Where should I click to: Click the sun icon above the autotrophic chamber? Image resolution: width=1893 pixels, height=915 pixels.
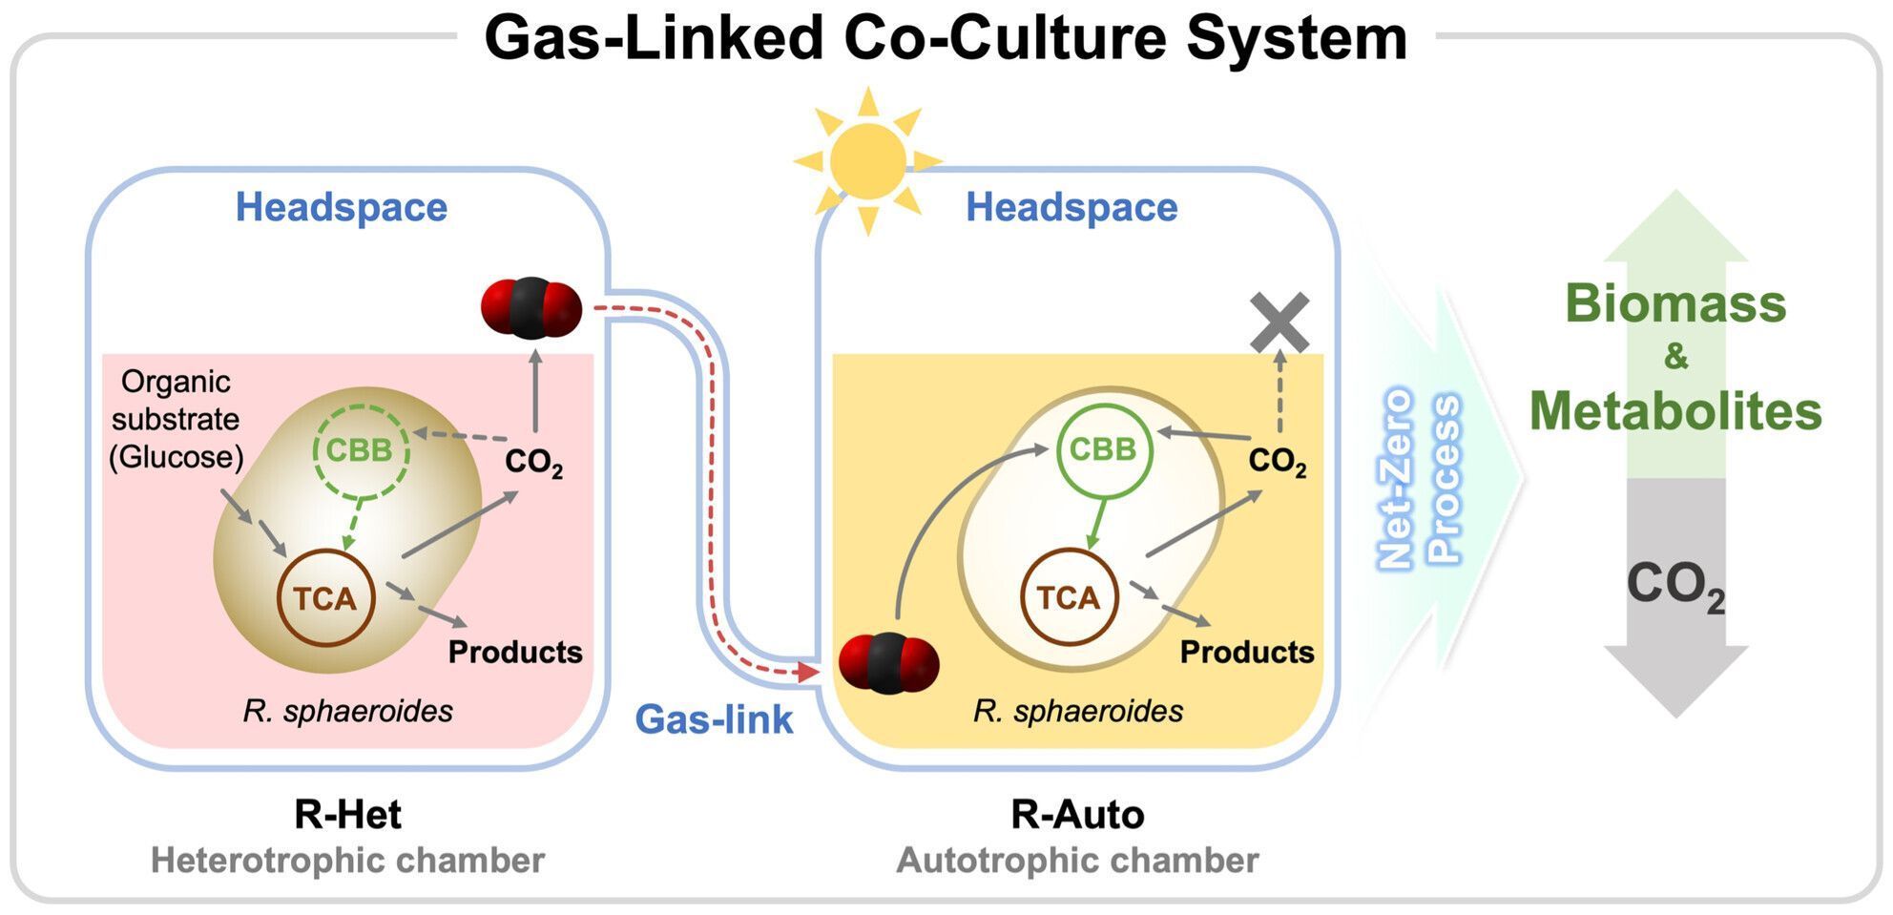[867, 160]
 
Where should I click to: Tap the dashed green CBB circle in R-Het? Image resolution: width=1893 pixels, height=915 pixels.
[361, 450]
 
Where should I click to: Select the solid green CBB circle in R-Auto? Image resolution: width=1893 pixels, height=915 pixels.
[1104, 449]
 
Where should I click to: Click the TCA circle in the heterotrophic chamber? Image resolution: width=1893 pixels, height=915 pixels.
[325, 598]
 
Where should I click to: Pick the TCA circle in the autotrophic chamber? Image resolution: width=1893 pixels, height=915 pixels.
[1069, 598]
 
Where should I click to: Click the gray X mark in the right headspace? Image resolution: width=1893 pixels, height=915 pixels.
[1279, 322]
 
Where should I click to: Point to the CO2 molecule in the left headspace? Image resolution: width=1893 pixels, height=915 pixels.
[531, 308]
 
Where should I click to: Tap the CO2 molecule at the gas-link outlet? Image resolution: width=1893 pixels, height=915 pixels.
[888, 663]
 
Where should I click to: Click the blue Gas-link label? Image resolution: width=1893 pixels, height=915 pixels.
[714, 719]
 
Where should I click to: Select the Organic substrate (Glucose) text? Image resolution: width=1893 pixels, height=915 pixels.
[177, 420]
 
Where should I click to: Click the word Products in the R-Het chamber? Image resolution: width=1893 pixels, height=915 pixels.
[515, 652]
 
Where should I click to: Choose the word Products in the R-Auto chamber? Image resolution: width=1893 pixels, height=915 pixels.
[1247, 652]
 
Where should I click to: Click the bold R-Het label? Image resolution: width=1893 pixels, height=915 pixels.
[347, 814]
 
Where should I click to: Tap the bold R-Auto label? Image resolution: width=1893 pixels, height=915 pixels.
[1077, 814]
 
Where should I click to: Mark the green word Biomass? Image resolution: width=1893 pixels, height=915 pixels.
[1675, 304]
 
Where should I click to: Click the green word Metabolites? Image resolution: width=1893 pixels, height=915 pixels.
[1675, 411]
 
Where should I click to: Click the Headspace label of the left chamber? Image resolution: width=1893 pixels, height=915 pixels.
[342, 207]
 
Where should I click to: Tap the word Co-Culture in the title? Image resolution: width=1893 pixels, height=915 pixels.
[1006, 38]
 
